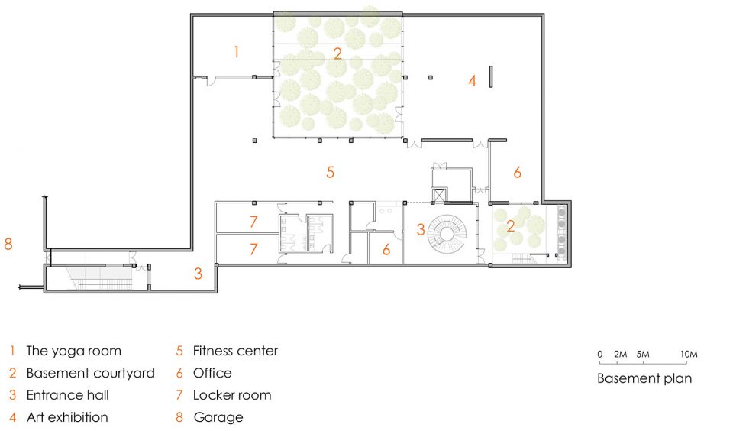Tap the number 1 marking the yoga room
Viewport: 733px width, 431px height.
click(237, 51)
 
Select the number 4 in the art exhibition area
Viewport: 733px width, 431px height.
click(472, 80)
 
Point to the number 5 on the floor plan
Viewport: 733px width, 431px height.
click(330, 172)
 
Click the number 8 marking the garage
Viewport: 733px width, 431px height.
click(8, 244)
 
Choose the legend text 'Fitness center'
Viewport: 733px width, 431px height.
click(235, 351)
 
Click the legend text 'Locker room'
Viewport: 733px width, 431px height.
click(232, 395)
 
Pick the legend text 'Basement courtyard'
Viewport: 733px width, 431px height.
click(90, 374)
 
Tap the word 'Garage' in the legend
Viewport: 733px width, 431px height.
click(218, 417)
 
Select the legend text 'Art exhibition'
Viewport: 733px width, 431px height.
click(67, 417)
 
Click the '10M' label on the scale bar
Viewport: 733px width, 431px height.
click(689, 355)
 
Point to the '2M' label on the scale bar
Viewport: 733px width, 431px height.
click(620, 355)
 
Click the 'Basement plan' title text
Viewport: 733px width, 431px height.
click(644, 378)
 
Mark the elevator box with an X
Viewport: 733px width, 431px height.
click(438, 195)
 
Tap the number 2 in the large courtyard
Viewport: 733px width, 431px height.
click(337, 53)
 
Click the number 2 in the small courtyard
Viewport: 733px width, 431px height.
click(511, 226)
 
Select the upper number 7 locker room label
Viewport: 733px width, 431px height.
click(253, 222)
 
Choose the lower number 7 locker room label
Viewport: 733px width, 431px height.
click(253, 249)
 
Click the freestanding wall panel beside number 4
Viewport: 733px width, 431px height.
click(491, 76)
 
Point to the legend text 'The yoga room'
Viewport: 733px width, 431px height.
click(73, 351)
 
